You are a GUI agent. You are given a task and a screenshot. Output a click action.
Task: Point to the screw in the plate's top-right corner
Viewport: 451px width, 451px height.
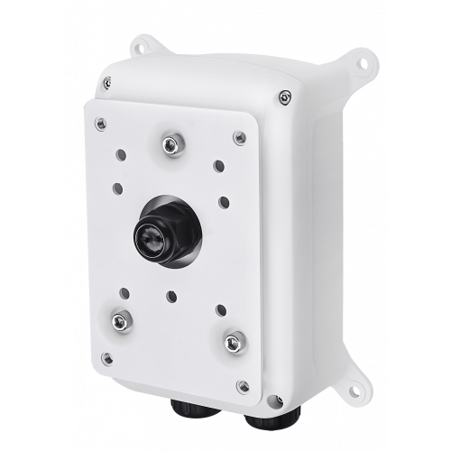238,137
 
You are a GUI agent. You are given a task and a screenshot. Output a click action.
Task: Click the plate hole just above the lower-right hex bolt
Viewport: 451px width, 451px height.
219,308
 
